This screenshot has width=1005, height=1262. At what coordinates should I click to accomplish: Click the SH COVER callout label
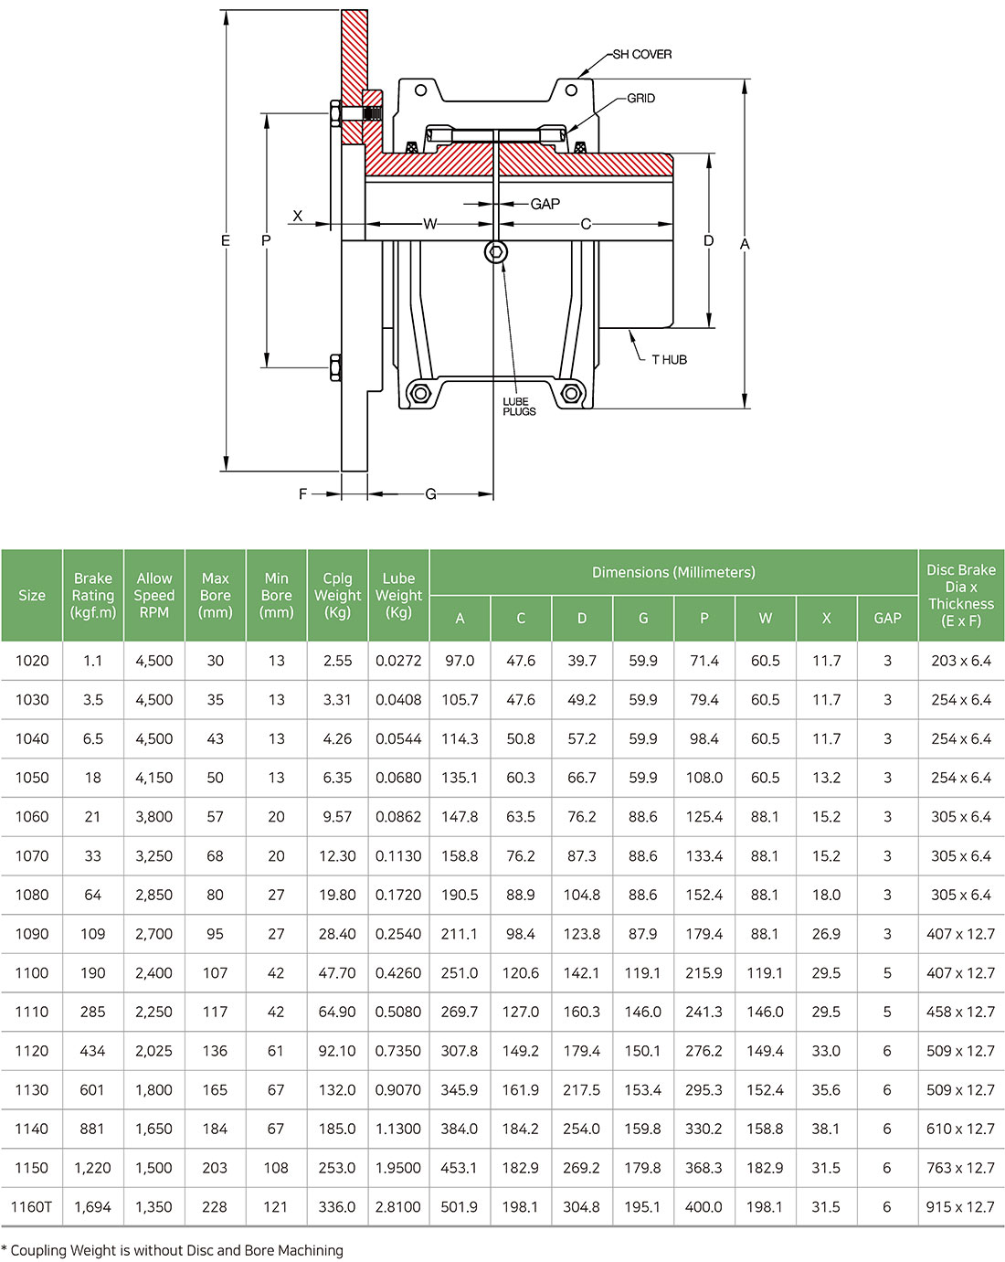click(641, 55)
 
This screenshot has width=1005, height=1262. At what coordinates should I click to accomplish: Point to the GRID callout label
click(640, 99)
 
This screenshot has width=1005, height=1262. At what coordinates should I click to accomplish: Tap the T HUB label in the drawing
click(669, 360)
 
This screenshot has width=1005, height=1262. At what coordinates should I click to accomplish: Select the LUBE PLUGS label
click(519, 407)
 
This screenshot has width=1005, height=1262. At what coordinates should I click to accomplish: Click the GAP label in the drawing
click(545, 204)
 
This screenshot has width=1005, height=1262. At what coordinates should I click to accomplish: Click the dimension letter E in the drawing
click(226, 241)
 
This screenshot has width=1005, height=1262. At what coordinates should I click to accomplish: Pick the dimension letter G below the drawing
click(430, 494)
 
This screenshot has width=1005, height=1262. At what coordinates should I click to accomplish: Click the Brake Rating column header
click(93, 595)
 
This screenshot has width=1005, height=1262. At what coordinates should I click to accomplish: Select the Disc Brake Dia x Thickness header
click(961, 595)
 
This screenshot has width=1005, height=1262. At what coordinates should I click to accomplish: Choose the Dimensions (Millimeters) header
click(673, 573)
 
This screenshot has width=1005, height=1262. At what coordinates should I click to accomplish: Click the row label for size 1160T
click(32, 1207)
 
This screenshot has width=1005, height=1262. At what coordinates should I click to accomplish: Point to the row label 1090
click(32, 934)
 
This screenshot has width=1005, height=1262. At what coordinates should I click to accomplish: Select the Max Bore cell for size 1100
click(215, 973)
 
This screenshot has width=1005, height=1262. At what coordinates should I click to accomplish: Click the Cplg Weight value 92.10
click(337, 1051)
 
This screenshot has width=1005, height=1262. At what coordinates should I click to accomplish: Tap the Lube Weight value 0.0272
click(398, 661)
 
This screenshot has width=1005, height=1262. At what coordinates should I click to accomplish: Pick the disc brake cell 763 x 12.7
click(960, 1168)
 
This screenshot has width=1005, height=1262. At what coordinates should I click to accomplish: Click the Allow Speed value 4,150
click(153, 778)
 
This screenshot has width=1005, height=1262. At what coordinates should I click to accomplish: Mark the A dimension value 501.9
click(460, 1207)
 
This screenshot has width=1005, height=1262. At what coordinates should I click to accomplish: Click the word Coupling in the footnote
click(38, 1250)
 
